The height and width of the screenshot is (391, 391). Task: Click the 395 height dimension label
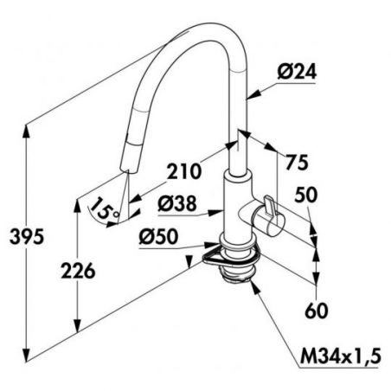[x=27, y=236]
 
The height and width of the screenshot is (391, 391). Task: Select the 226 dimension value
[x=78, y=271]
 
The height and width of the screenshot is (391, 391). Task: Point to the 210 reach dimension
[x=183, y=171]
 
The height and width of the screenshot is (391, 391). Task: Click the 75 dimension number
[x=297, y=162]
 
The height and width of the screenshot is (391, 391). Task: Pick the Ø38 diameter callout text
[x=176, y=203]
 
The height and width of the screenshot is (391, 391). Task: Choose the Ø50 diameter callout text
[x=158, y=237]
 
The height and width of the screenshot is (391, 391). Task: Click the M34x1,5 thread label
[x=341, y=356]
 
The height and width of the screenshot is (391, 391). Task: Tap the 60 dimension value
[x=317, y=311]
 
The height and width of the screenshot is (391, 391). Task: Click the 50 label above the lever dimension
[x=306, y=195]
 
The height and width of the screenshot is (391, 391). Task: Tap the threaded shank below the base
[x=237, y=274]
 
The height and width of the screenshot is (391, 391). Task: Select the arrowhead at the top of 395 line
[x=26, y=131]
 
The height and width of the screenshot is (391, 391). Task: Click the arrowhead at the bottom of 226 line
[x=77, y=326]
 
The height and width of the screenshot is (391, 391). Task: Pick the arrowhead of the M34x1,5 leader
[x=255, y=287]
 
